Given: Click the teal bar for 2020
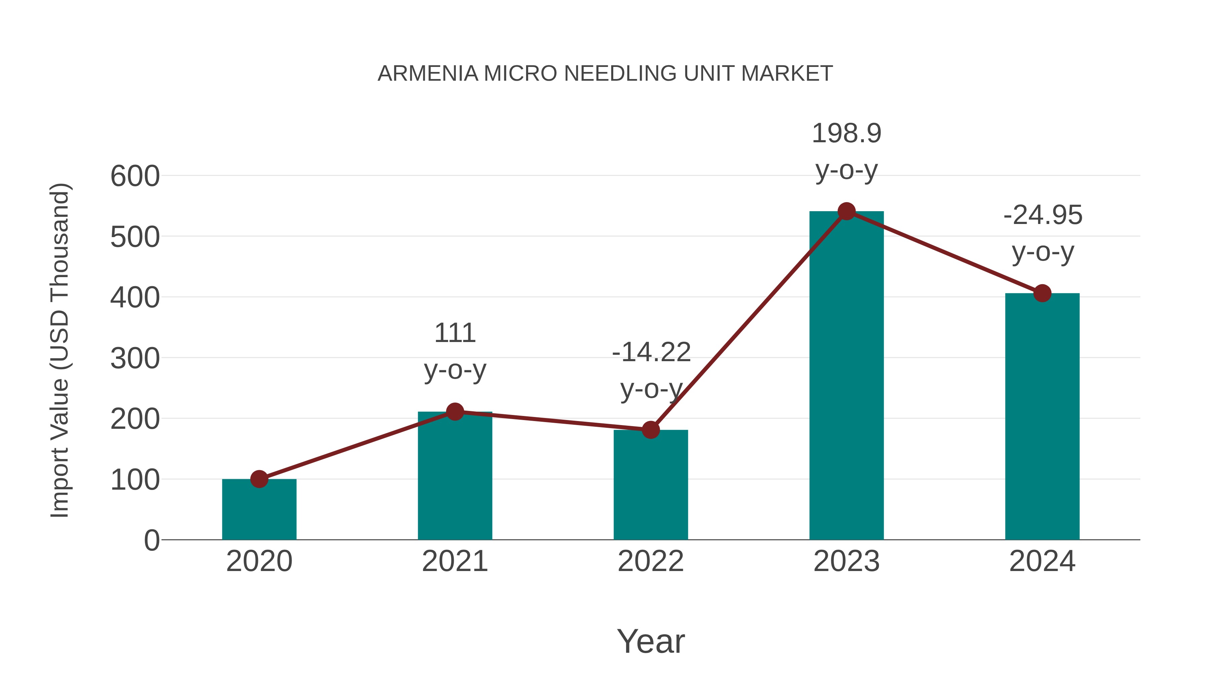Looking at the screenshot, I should [x=259, y=509].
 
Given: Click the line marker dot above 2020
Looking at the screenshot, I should [x=259, y=479].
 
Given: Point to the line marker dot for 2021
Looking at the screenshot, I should [x=454, y=412].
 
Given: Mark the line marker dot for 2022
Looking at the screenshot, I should [x=651, y=429].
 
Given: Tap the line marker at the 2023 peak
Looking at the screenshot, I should [x=846, y=212].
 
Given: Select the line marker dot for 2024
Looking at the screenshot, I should [x=1042, y=293].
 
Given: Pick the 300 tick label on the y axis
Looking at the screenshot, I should [x=135, y=359].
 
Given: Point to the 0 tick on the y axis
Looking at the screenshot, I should [x=151, y=540].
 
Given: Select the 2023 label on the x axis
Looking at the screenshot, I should [x=846, y=561].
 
